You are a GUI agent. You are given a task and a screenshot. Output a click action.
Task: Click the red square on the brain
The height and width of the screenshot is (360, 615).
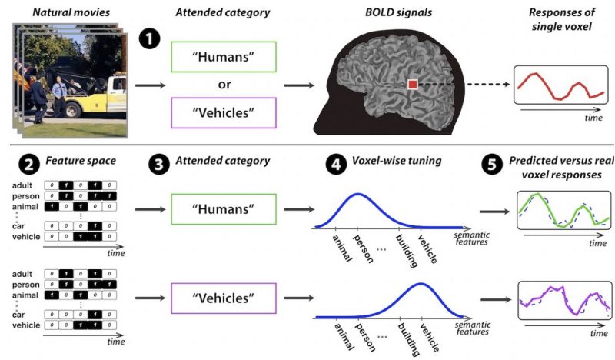(412, 83)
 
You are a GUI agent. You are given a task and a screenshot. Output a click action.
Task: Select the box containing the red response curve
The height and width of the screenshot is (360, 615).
(561, 86)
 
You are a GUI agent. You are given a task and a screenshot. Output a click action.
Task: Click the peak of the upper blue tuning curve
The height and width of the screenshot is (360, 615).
(357, 195)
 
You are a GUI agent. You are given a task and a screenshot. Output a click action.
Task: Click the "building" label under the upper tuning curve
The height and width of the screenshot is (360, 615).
(406, 249)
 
